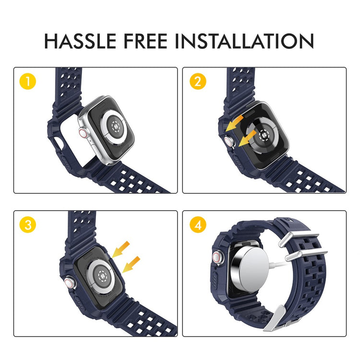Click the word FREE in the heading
(145, 41)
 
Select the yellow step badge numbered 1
(28, 81)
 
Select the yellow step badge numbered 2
(198, 81)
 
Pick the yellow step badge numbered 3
(28, 225)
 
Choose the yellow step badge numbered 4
(198, 225)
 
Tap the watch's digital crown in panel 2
(229, 141)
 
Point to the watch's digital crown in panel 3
(70, 283)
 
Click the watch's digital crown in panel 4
(217, 257)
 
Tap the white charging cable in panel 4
(278, 263)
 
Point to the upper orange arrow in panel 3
(121, 249)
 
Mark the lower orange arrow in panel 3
(131, 264)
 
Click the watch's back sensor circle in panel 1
(114, 126)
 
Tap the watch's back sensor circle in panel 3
(101, 276)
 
